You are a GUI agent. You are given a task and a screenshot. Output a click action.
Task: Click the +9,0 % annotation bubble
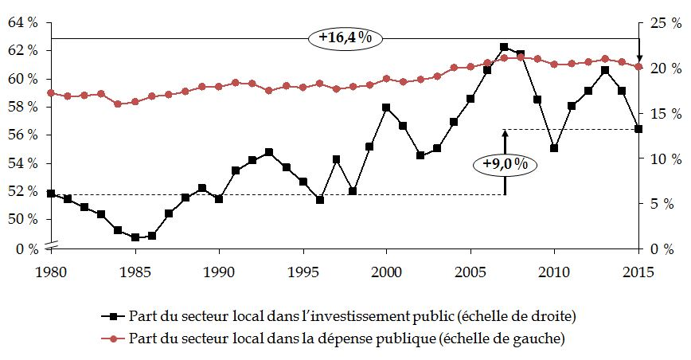pos(505,164)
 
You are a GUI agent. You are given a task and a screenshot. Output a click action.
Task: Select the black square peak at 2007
pos(504,48)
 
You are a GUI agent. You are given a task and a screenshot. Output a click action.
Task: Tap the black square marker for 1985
pos(135,237)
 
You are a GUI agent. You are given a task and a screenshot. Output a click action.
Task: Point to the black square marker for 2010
pos(554,148)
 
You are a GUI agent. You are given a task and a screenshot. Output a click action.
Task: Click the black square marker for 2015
pos(638,129)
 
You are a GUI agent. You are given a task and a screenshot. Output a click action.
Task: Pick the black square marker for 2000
pos(386,108)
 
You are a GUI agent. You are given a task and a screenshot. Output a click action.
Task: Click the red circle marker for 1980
pos(51,93)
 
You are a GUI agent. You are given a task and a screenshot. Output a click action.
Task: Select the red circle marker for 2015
pos(638,67)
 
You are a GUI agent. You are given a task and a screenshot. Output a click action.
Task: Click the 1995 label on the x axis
pos(303,271)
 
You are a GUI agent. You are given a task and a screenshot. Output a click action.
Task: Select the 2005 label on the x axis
pos(470,271)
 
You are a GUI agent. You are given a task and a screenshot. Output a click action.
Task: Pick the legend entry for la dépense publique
pos(338,339)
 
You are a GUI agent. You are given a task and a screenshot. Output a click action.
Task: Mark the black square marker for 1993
pos(269,152)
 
